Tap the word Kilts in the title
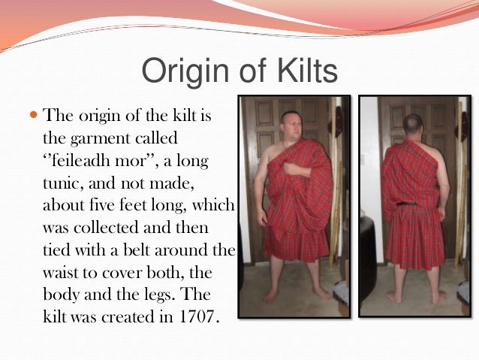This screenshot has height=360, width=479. [301, 72]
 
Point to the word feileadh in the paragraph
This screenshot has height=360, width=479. [90, 161]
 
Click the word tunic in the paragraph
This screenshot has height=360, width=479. [65, 183]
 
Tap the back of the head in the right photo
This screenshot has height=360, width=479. [411, 123]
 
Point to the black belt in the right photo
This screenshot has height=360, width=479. [409, 202]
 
